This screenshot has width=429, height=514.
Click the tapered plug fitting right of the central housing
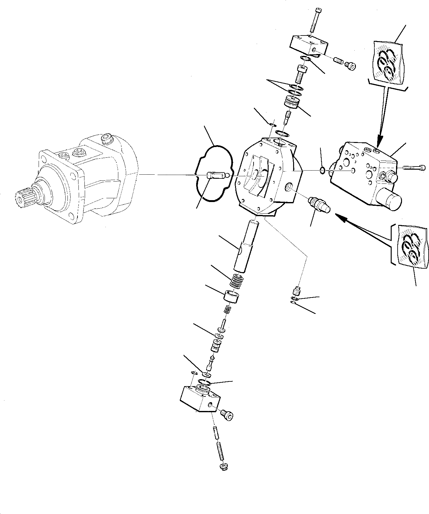click(318, 204)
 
